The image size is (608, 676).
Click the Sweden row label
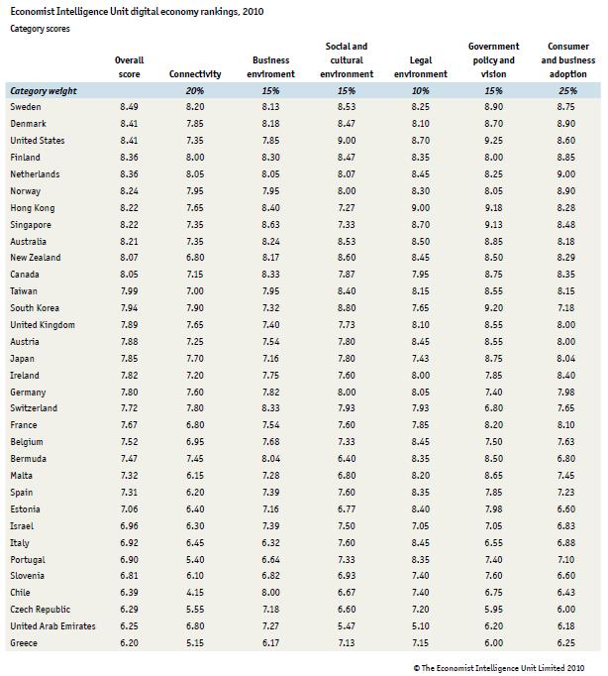25,107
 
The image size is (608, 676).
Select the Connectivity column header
195,74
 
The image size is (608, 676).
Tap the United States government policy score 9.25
493,141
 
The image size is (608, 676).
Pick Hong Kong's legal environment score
420,208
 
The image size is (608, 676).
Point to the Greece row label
25,642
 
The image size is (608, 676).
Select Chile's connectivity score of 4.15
195,592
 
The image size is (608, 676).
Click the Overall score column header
129,67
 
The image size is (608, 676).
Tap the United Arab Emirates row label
52,625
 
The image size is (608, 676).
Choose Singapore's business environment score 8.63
270,225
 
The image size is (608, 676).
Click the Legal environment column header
420,67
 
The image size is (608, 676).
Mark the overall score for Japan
129,359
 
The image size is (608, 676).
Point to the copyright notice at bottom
499,667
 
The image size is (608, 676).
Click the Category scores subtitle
40,29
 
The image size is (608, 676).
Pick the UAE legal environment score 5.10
420,625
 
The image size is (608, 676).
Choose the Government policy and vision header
493,59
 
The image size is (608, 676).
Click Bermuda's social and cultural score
347,460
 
